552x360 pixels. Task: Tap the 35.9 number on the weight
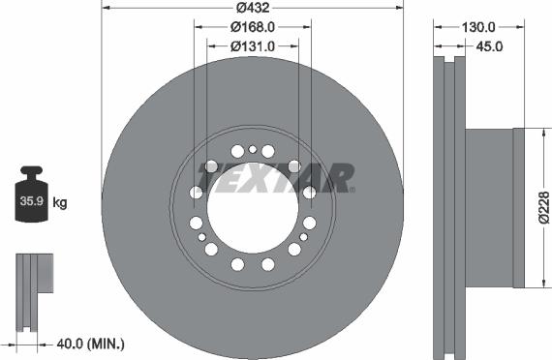tap(30, 203)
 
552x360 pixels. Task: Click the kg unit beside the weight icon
tap(60, 203)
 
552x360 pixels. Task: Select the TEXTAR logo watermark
tap(275, 178)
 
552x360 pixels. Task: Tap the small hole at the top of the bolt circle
tap(253, 149)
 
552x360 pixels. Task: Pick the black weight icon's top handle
tap(30, 171)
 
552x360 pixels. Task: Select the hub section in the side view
tap(494, 208)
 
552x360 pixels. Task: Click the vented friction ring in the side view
tap(446, 208)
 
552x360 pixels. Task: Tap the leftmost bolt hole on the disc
tap(197, 193)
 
